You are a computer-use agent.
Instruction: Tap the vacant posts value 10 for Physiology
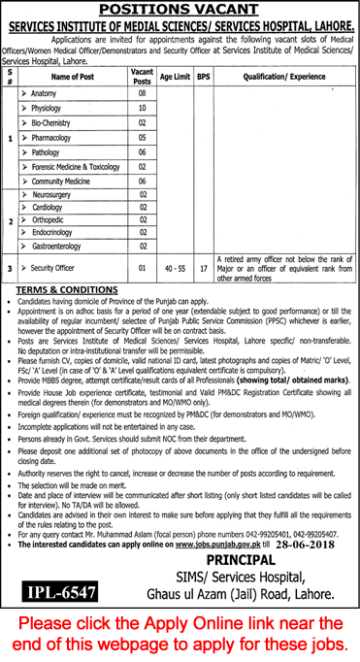(x=142, y=110)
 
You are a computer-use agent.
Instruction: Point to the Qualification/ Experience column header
(x=281, y=74)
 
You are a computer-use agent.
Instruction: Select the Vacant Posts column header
(x=142, y=74)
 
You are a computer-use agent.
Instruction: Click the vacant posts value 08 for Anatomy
(x=142, y=93)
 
